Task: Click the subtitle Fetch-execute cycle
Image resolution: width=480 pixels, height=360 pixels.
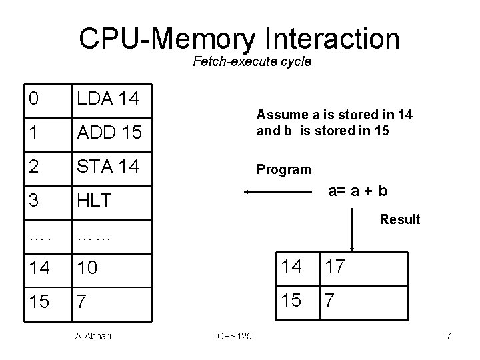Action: (x=252, y=63)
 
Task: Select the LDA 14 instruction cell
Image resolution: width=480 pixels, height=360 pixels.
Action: (x=108, y=99)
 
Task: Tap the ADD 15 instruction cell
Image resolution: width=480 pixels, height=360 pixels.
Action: (x=109, y=132)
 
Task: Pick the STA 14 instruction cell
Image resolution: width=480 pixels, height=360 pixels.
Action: (x=108, y=165)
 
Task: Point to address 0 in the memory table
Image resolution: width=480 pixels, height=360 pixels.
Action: (x=33, y=99)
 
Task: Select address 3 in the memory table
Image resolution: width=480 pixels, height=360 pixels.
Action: (x=33, y=200)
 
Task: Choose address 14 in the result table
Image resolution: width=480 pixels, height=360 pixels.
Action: (x=291, y=267)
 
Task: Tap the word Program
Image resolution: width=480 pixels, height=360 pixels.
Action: (x=283, y=169)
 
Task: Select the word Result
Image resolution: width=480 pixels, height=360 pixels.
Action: (x=400, y=219)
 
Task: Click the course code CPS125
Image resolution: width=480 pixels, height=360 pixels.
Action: (x=234, y=336)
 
